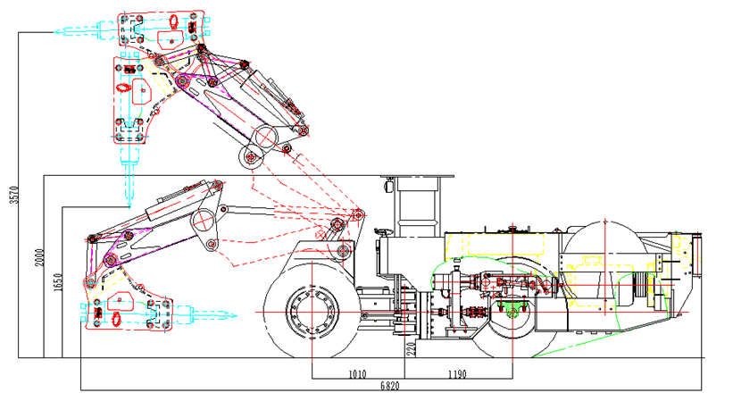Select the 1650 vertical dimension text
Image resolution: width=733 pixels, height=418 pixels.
(57, 280)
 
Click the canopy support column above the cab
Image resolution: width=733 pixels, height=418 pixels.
(414, 206)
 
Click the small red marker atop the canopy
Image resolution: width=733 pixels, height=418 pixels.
(389, 187)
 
